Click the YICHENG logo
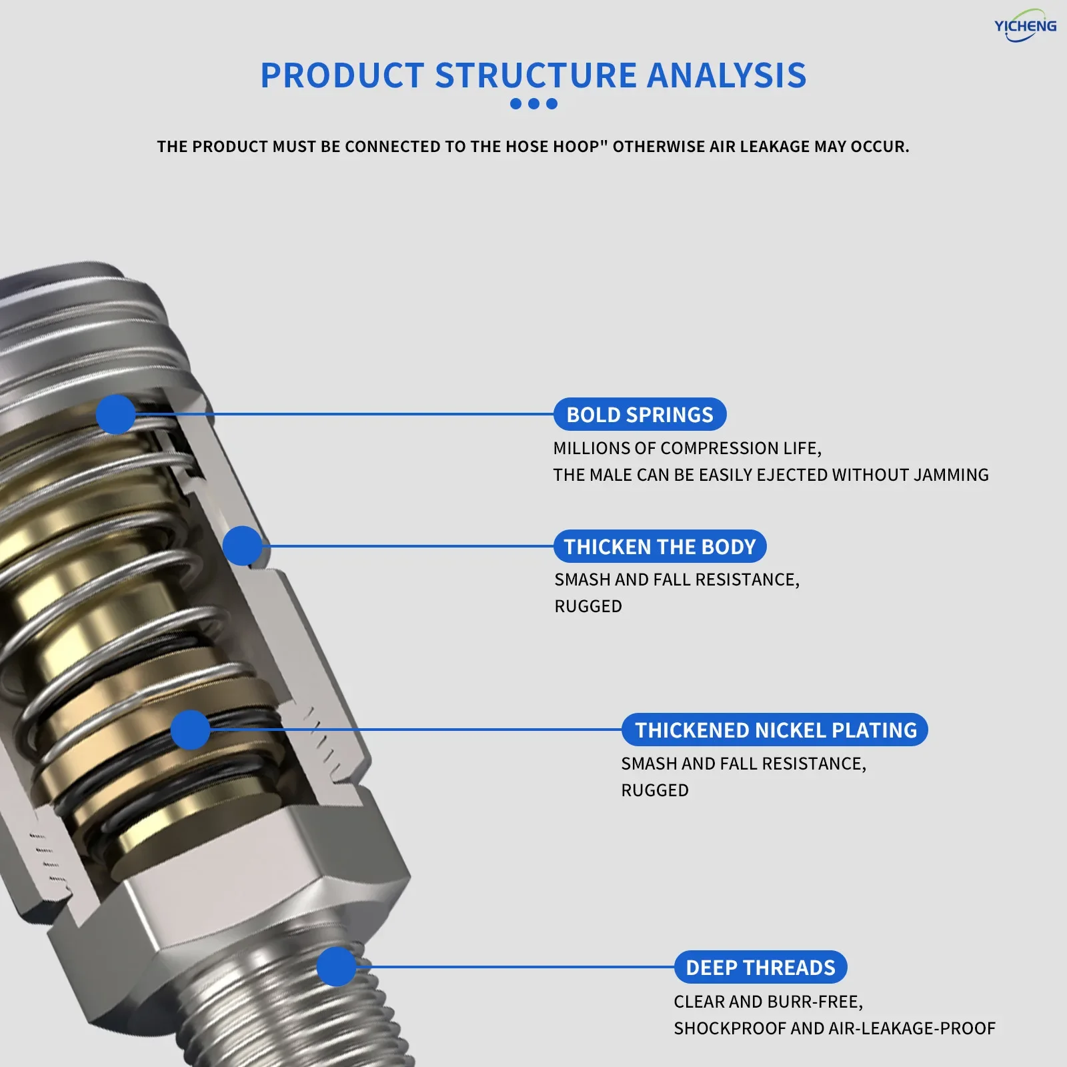[x=1025, y=26]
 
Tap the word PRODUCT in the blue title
[x=342, y=75]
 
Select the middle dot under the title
[x=533, y=103]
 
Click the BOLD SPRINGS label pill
[x=640, y=414]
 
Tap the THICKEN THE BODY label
[x=660, y=546]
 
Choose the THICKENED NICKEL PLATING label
[x=775, y=730]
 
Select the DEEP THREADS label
[x=760, y=967]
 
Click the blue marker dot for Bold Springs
[x=115, y=414]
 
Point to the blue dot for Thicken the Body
[x=242, y=546]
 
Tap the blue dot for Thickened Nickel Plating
[x=190, y=730]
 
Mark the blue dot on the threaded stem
[x=336, y=966]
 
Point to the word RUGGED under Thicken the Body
[x=588, y=606]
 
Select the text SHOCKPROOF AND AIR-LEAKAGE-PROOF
[x=834, y=1028]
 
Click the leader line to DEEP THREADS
[x=513, y=966]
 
